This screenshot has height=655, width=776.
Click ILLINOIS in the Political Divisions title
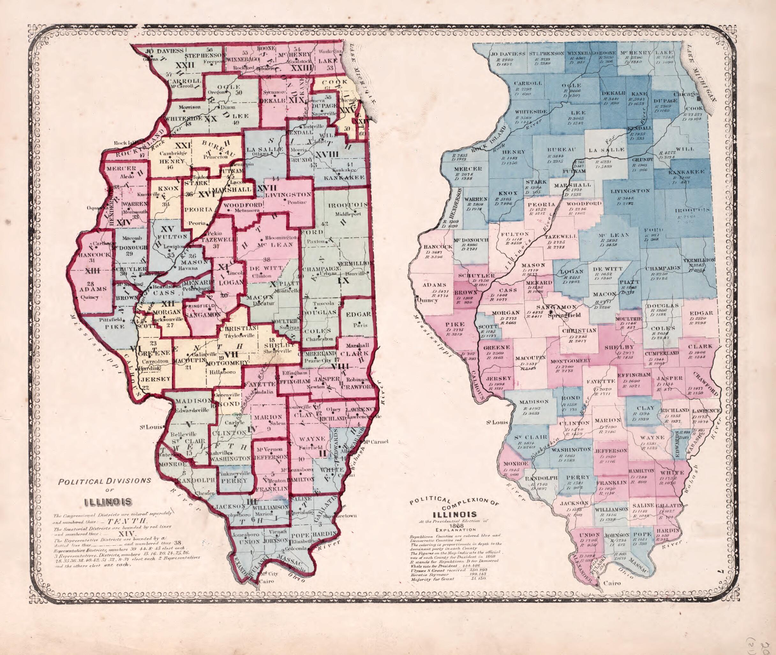click(x=108, y=502)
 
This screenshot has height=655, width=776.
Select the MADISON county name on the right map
click(x=534, y=401)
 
